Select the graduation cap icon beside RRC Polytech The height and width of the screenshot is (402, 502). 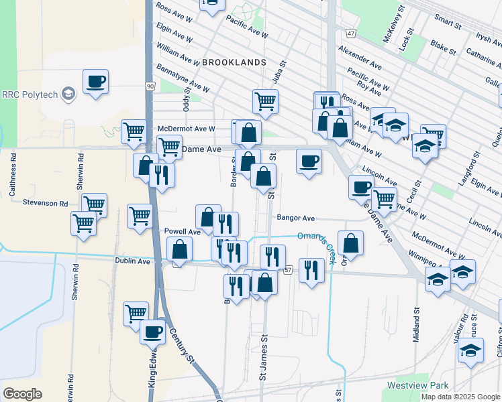pyautogui.click(x=68, y=94)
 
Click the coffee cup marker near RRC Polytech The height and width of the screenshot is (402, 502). pyautogui.click(x=95, y=82)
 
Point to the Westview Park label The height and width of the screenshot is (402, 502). pyautogui.click(x=417, y=386)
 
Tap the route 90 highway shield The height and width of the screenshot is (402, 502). pyautogui.click(x=150, y=86)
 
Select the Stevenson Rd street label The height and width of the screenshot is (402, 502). pyautogui.click(x=45, y=202)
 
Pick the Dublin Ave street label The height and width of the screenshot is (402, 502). pyautogui.click(x=132, y=261)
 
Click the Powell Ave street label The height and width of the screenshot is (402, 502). pyautogui.click(x=183, y=231)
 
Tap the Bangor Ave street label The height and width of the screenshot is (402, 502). pyautogui.click(x=295, y=218)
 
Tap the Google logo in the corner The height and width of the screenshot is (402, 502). pyautogui.click(x=22, y=394)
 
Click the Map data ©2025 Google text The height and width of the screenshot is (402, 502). pyautogui.click(x=460, y=397)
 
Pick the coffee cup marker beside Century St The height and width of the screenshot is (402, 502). pyautogui.click(x=152, y=331)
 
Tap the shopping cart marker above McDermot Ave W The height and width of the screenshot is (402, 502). pyautogui.click(x=266, y=101)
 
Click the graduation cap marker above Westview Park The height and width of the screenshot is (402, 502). pyautogui.click(x=471, y=350)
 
